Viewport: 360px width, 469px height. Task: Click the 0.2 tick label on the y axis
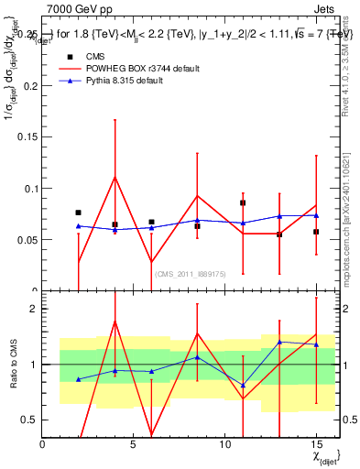click(x=31, y=86)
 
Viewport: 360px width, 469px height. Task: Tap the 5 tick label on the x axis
click(x=134, y=444)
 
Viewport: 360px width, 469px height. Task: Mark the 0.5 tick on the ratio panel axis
click(x=29, y=420)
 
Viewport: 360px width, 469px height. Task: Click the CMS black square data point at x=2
click(x=79, y=213)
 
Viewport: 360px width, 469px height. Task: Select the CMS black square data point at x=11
click(x=243, y=202)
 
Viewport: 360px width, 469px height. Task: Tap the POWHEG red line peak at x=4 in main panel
click(x=115, y=177)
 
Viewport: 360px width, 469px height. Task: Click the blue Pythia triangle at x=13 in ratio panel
click(x=279, y=342)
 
